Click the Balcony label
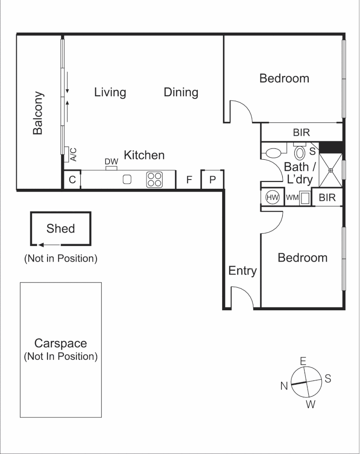pyautogui.click(x=38, y=113)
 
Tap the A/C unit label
pyautogui.click(x=74, y=155)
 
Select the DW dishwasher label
pyautogui.click(x=111, y=162)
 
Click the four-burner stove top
pyautogui.click(x=154, y=179)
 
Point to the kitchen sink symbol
pyautogui.click(x=127, y=179)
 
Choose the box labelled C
pyautogui.click(x=72, y=180)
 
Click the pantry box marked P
pyautogui.click(x=213, y=180)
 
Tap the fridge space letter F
pyautogui.click(x=189, y=180)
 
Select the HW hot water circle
pyautogui.click(x=273, y=197)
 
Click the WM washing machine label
pyautogui.click(x=292, y=197)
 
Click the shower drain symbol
pyautogui.click(x=331, y=170)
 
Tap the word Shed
pyautogui.click(x=60, y=229)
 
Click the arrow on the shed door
pyautogui.click(x=48, y=244)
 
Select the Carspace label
pyautogui.click(x=60, y=343)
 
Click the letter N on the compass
pyautogui.click(x=284, y=385)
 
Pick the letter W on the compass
pyautogui.click(x=310, y=404)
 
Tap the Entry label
pyautogui.click(x=242, y=271)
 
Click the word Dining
pyautogui.click(x=181, y=92)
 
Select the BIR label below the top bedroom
pyautogui.click(x=301, y=133)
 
